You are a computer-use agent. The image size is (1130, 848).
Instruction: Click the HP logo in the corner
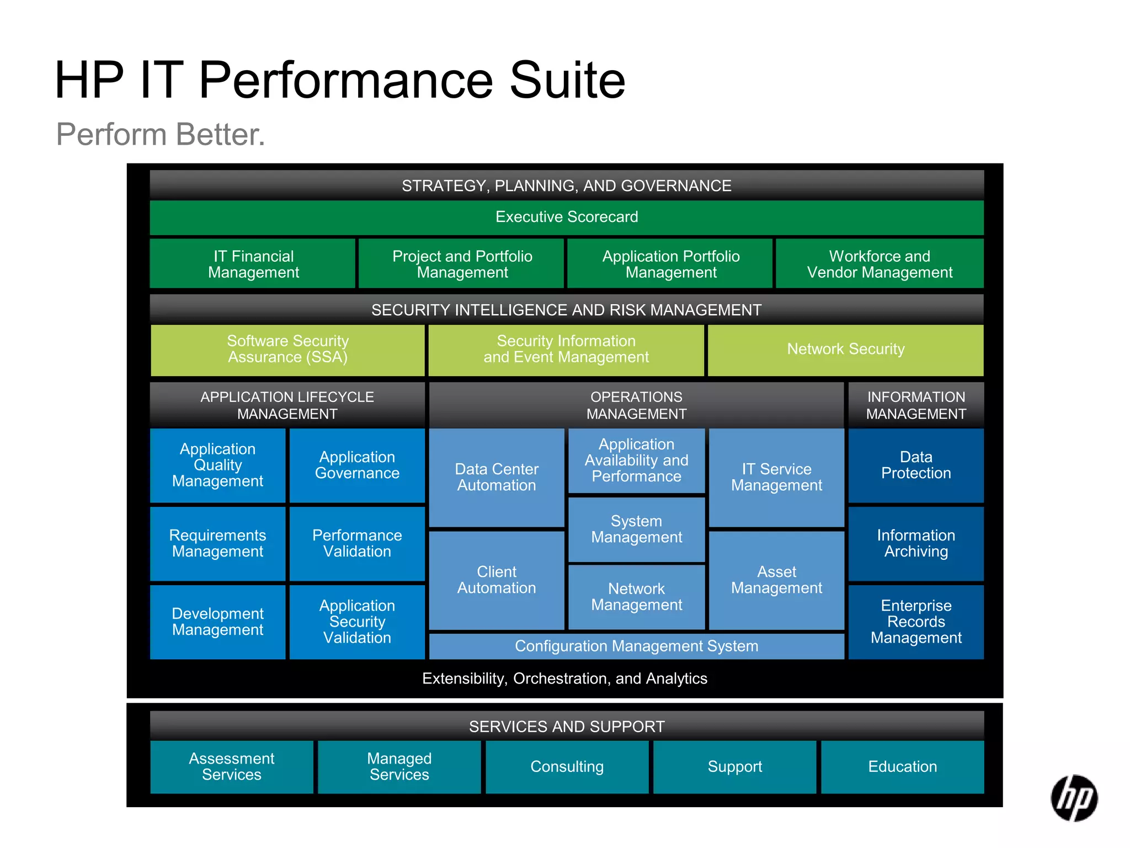(1074, 798)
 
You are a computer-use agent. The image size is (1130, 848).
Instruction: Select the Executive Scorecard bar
(567, 217)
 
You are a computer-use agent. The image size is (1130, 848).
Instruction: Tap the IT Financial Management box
(253, 264)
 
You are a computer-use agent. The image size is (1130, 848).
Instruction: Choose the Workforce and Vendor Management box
(880, 264)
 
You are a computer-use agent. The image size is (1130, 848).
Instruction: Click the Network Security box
(845, 349)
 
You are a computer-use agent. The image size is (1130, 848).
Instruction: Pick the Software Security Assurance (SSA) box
(287, 349)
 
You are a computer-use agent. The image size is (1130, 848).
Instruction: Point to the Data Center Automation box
(497, 477)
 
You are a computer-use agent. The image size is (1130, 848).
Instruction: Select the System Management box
(636, 529)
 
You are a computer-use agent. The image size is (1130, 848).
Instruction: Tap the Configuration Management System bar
(636, 646)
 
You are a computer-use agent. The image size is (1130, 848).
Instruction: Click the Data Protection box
(916, 465)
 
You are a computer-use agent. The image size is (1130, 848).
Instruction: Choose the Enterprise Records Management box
(916, 622)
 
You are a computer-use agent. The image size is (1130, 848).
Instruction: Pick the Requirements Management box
(217, 543)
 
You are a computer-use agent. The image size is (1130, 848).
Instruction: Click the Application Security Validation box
(357, 622)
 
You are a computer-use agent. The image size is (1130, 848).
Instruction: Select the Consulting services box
(567, 767)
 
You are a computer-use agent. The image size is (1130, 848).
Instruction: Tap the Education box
(902, 767)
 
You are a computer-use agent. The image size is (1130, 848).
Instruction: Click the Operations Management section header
(636, 405)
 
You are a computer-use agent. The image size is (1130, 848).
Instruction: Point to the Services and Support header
(567, 727)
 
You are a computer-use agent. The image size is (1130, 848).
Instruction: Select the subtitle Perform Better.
(161, 134)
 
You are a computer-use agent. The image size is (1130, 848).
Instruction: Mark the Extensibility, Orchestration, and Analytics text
(564, 679)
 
